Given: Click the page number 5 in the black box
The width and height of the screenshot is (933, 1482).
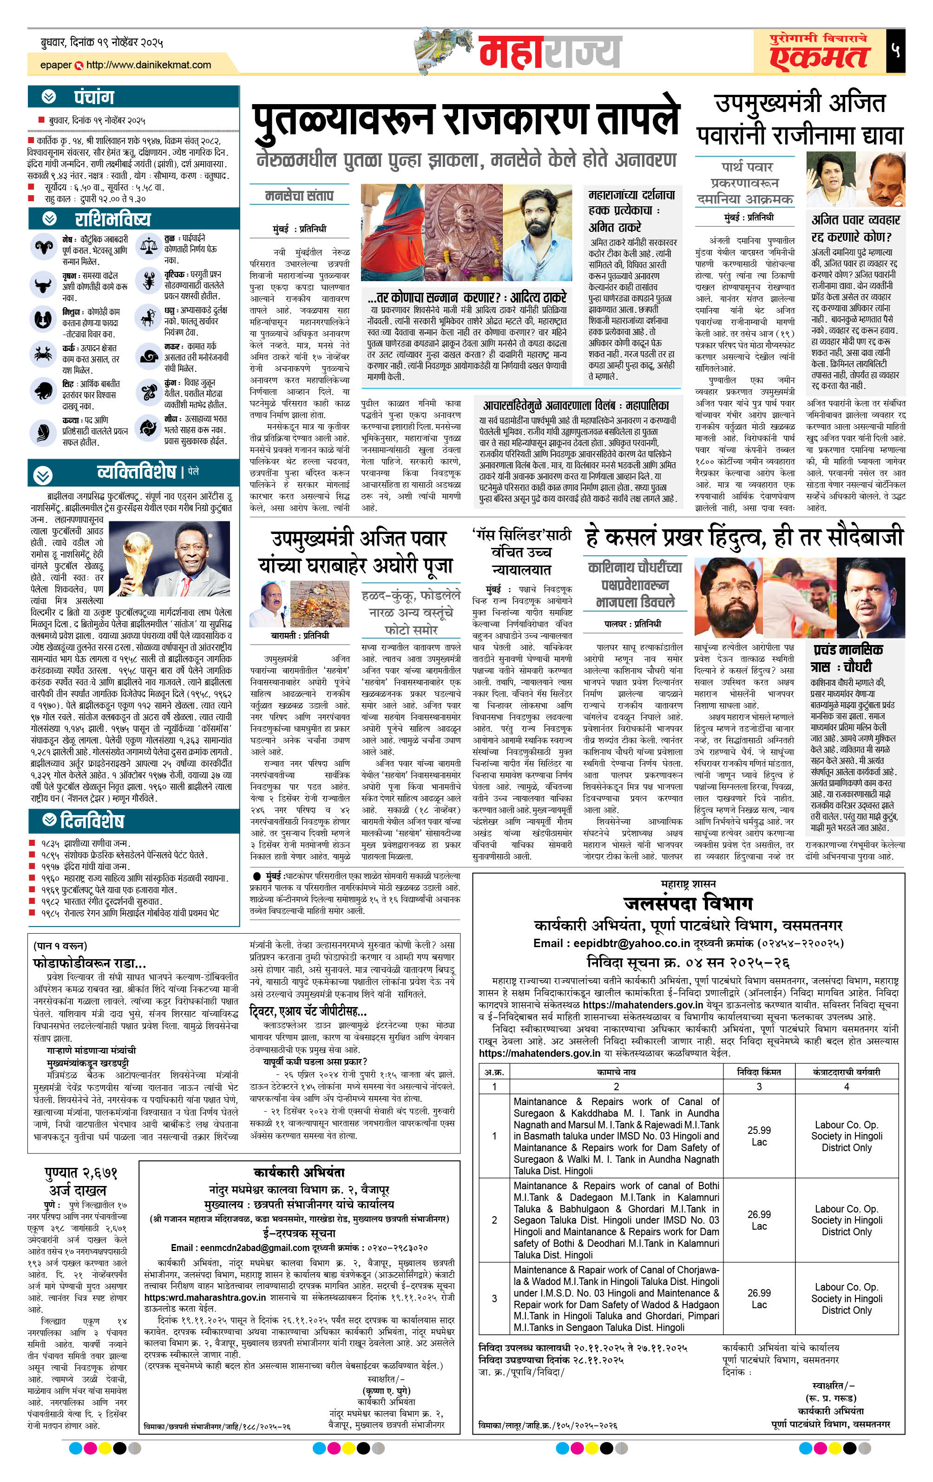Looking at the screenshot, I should click(895, 51).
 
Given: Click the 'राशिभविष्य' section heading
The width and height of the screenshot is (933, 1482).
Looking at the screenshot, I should click(112, 219).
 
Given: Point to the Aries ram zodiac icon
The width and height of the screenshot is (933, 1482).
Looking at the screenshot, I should click(44, 247).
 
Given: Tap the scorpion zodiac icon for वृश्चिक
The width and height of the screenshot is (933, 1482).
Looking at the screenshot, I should click(148, 281).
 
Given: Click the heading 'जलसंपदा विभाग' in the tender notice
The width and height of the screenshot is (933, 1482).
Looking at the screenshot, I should click(688, 903).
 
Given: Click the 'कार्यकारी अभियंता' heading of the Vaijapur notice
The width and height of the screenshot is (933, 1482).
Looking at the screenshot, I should click(299, 1172).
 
